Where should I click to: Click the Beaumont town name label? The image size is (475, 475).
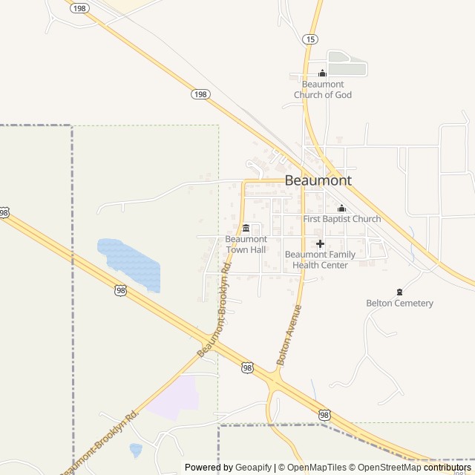coord(318,180)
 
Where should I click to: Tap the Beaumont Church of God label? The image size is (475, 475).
coord(323,90)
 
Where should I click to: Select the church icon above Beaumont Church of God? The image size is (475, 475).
coord(322,73)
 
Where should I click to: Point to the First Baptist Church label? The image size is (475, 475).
coord(342,219)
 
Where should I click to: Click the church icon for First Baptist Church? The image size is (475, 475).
coord(341,209)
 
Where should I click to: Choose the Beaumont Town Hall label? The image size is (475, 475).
coord(246,244)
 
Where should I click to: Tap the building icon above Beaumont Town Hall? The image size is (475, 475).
coord(246,228)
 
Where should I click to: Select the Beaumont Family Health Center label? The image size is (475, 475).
coord(320,260)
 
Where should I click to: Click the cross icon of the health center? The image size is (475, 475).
coord(320,243)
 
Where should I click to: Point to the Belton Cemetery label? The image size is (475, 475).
coord(399,303)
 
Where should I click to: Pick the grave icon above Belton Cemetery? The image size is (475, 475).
coord(399,291)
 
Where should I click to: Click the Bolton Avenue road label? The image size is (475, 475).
coord(289,334)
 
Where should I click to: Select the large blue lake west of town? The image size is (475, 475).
coord(130,263)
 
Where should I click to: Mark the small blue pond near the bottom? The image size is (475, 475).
coord(135,449)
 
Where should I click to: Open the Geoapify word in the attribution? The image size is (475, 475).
coord(254,468)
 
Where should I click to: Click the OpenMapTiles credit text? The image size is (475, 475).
coord(312,468)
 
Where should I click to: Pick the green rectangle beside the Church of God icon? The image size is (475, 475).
coord(347,63)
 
